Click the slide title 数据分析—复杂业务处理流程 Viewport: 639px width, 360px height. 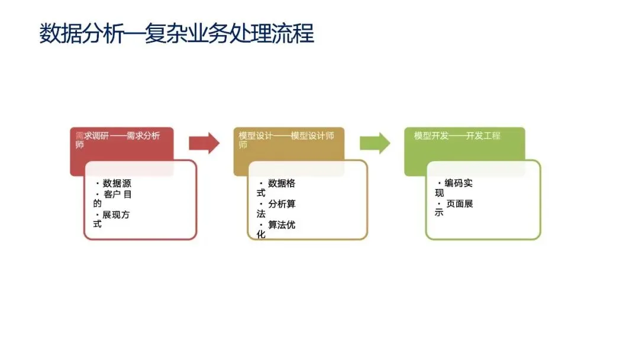click(176, 33)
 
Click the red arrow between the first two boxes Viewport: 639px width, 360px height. click(204, 143)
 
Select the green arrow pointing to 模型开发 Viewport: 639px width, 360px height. click(375, 143)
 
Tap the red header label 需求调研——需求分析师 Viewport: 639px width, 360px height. click(118, 140)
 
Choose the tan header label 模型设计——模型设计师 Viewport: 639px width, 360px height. click(286, 140)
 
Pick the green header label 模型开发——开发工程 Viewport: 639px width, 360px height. click(457, 136)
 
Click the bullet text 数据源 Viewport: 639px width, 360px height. click(117, 184)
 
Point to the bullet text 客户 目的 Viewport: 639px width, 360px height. click(112, 198)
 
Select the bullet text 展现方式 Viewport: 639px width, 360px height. click(112, 219)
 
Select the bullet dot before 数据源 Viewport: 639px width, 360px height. click(98, 184)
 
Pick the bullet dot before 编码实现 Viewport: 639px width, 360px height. click(439, 184)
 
